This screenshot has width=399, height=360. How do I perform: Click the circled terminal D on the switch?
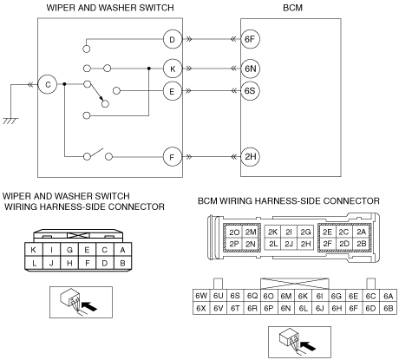pos(173,39)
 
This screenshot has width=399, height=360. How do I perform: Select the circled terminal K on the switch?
pos(173,69)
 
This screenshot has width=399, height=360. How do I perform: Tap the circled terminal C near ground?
pos(48,84)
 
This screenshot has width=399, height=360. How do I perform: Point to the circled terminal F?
pos(173,157)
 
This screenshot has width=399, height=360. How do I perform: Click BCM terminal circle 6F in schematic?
pos(250,39)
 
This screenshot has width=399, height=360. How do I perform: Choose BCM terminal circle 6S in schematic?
pos(250,91)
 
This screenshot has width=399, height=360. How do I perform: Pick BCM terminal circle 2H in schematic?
pos(250,157)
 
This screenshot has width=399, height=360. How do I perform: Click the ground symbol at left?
pos(10,121)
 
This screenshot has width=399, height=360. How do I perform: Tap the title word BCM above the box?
pos(292,8)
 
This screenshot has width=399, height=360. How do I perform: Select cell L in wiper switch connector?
pos(34,263)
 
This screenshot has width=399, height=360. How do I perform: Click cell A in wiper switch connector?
pos(122,250)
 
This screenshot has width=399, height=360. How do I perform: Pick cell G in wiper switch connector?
pos(69,250)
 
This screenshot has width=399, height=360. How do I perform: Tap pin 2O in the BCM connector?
pos(234,232)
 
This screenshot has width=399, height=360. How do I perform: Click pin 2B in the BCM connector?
pos(361,244)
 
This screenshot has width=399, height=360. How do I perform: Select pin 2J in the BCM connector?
pos(289,244)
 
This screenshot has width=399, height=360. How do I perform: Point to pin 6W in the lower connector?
pos(201,296)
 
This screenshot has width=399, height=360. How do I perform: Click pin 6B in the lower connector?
pos(389,308)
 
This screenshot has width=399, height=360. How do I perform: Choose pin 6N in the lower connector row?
pos(285,308)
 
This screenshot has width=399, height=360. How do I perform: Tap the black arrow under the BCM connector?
pos(308,345)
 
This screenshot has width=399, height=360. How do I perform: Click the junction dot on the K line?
pos(149,69)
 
